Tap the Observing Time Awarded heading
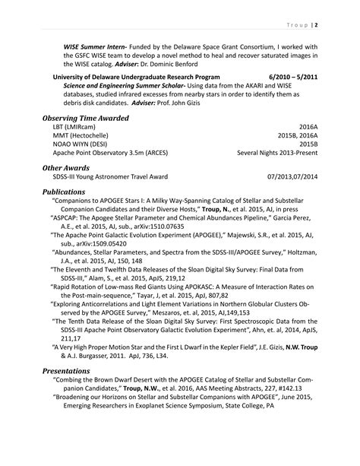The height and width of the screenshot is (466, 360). [85, 119]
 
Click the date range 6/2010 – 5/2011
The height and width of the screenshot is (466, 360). [289, 78]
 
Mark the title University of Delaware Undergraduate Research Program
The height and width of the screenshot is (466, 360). [136, 78]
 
